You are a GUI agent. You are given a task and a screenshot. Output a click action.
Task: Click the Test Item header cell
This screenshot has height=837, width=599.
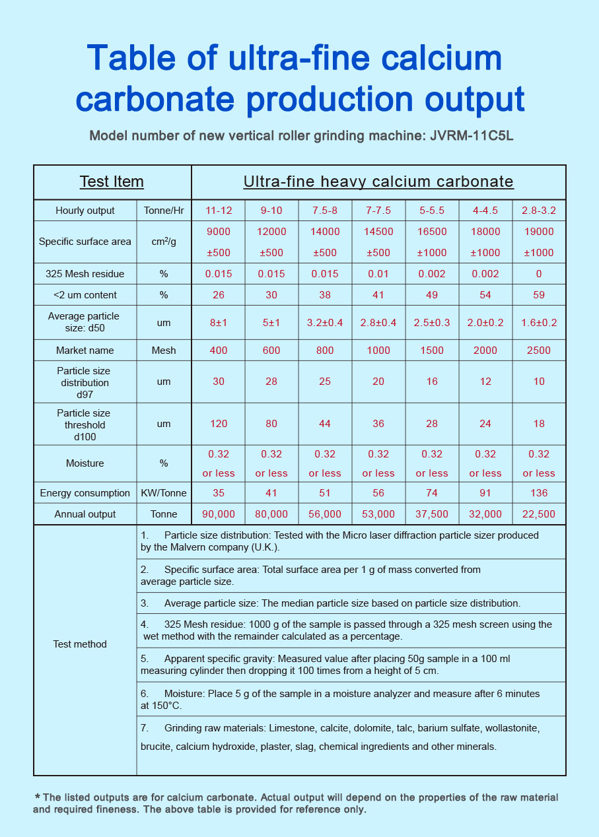[112, 182]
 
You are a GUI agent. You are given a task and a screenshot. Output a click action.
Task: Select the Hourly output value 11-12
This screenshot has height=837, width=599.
[218, 211]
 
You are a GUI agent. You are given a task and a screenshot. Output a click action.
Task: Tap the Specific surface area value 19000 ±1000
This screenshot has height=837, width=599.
[538, 242]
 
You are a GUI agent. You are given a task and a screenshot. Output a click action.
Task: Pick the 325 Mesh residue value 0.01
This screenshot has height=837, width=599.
[378, 274]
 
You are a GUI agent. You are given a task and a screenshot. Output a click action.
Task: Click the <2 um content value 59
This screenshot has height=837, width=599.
[538, 295]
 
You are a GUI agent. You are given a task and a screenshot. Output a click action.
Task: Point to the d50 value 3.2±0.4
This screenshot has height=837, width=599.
[325, 323]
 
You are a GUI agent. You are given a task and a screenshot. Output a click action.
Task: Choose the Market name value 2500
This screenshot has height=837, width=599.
[538, 351]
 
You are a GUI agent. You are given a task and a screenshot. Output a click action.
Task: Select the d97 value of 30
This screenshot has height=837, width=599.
[218, 382]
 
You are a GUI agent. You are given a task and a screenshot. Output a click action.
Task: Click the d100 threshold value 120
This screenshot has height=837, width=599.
[218, 424]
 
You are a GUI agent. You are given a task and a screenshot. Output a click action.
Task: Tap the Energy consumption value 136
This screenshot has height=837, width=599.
[538, 493]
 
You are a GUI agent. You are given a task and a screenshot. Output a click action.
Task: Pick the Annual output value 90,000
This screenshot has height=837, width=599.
[218, 514]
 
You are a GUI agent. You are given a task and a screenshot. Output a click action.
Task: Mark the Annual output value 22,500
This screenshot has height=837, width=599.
[538, 514]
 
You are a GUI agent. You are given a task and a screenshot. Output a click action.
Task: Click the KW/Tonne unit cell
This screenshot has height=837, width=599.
[164, 493]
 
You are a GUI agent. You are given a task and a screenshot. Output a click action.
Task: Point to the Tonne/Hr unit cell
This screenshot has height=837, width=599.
[164, 211]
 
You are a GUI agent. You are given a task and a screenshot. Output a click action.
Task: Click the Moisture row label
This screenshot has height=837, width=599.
[85, 463]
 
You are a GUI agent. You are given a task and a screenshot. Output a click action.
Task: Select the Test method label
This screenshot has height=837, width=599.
[80, 644]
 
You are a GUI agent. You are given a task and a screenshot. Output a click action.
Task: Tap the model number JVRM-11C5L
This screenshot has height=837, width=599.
[471, 137]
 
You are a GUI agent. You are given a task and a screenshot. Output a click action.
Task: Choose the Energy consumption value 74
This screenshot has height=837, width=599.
[431, 493]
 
